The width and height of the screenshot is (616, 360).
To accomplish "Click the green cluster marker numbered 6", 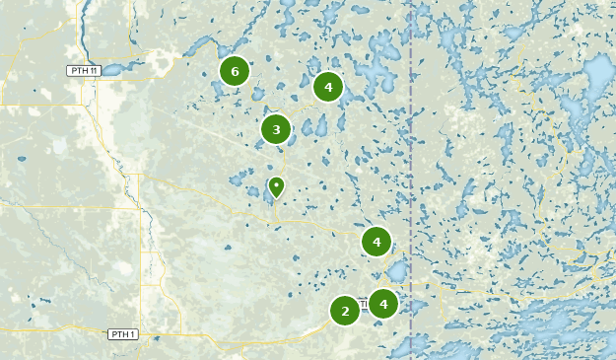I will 234,71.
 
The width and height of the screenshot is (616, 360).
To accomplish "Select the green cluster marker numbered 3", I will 276,129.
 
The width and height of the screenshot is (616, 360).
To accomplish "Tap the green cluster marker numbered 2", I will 345,312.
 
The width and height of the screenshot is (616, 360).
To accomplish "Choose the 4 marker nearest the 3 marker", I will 328,87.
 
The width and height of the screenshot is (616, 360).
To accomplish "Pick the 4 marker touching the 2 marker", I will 382,303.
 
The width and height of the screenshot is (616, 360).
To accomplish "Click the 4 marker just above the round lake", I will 376,241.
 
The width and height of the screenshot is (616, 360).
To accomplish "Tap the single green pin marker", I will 277,185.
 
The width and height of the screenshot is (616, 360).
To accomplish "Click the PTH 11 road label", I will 84,70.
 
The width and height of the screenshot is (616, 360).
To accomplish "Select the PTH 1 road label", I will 122,334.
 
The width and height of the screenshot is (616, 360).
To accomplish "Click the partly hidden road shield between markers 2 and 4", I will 363,307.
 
